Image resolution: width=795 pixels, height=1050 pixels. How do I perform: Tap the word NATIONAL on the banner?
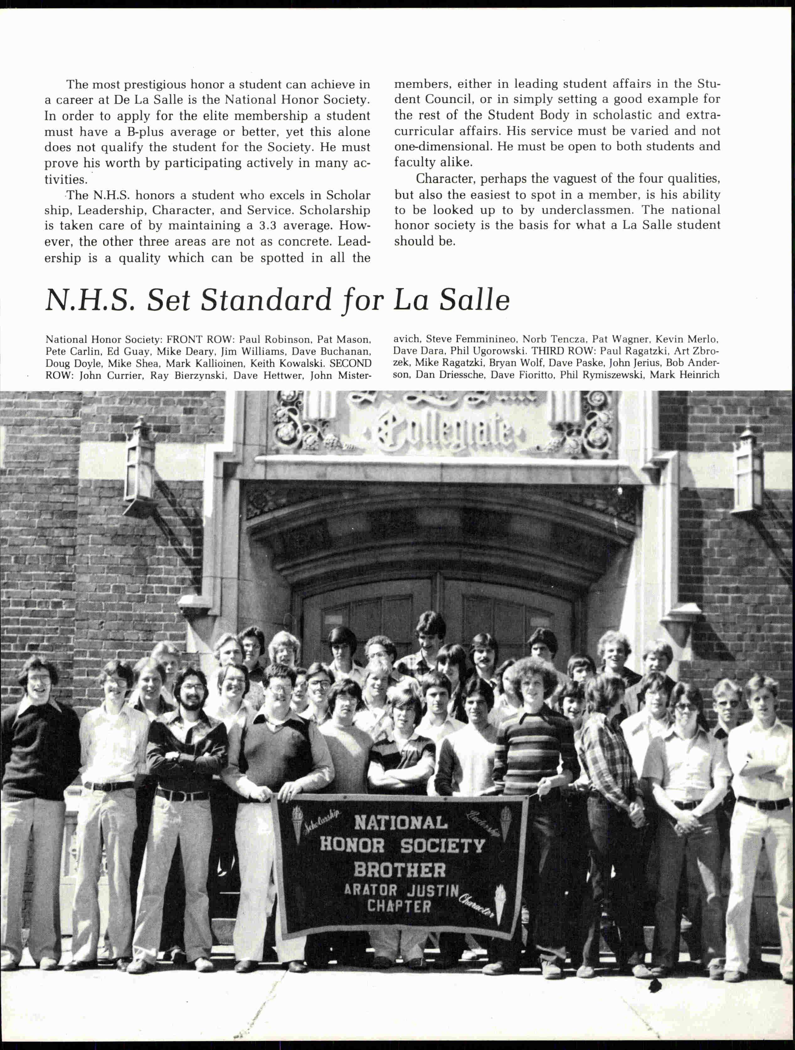tap(400, 822)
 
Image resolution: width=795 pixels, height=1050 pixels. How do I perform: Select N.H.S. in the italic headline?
tap(90, 300)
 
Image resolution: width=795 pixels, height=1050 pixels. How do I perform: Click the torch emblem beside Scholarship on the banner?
tap(298, 825)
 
